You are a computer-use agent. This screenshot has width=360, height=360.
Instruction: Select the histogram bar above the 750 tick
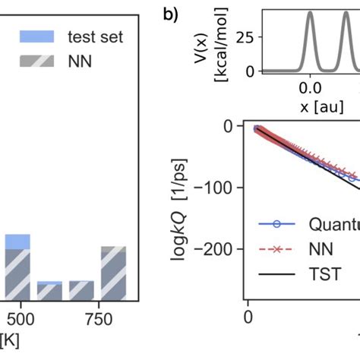[113, 273]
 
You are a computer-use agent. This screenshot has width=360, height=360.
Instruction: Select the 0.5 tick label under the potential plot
[349, 88]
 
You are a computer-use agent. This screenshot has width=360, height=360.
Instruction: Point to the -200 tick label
[225, 248]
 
